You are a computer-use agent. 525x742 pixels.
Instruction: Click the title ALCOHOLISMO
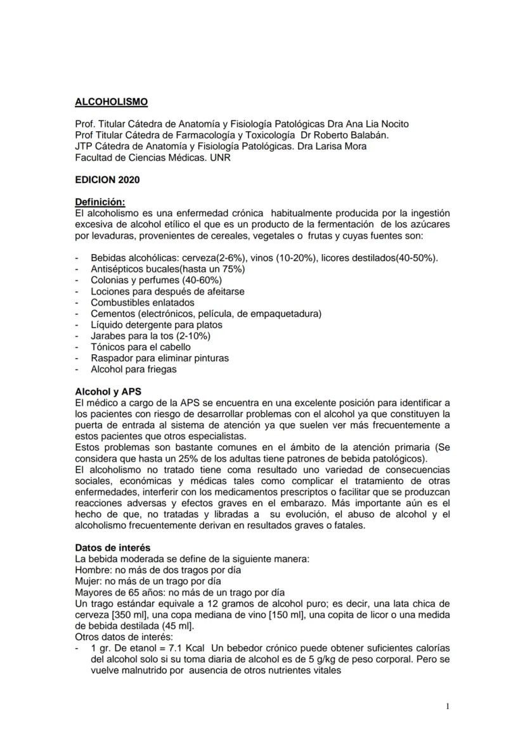pos(111,101)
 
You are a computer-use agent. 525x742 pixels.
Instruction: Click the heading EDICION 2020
pos(107,179)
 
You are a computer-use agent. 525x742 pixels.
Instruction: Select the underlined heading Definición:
pos(100,202)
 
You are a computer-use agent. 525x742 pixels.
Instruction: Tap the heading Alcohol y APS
pos(108,392)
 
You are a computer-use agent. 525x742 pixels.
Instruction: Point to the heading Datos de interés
pos(113,547)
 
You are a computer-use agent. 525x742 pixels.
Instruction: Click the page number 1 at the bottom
pos(448,706)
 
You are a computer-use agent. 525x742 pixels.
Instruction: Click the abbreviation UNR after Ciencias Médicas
pos(220,158)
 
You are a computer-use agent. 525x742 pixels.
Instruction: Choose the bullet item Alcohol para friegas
pos(134,369)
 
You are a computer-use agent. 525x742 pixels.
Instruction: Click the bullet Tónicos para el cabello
pos(141,347)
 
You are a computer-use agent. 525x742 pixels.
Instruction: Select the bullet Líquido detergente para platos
pos(157,324)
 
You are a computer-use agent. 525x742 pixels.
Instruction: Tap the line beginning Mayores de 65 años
pos(179,592)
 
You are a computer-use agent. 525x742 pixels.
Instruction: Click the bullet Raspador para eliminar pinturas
pos(160,358)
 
